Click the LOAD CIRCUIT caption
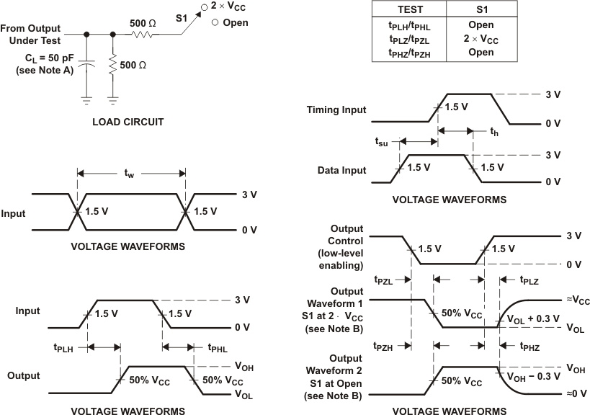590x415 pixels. point(128,122)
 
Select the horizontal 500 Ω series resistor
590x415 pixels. point(147,33)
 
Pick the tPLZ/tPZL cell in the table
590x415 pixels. point(408,39)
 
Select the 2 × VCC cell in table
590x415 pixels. point(475,39)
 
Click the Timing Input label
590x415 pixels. point(336,110)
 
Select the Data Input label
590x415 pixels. point(342,170)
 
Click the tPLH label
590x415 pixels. point(65,347)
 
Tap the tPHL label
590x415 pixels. point(218,347)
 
